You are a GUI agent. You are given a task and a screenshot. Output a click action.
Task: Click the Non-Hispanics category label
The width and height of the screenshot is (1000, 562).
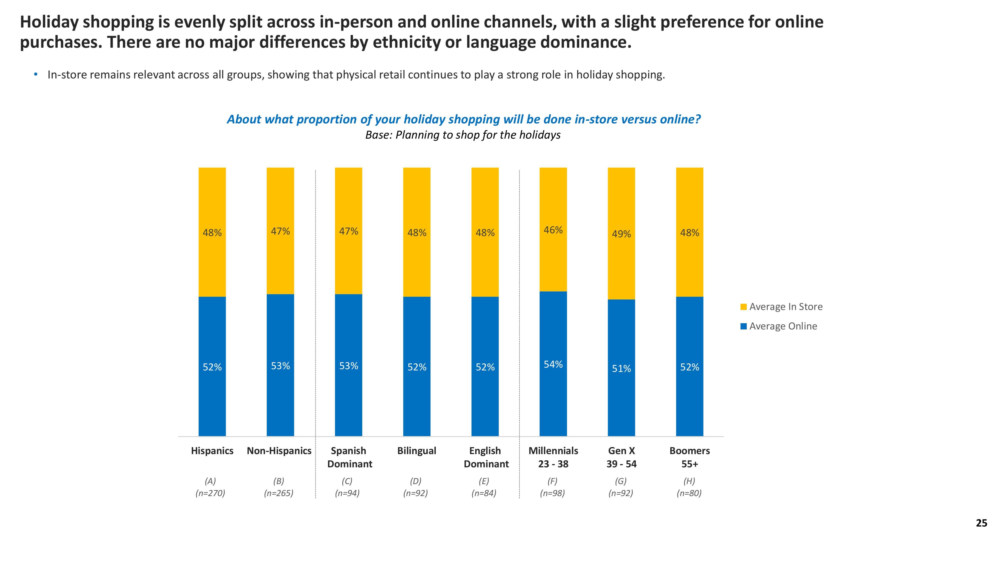[279, 451]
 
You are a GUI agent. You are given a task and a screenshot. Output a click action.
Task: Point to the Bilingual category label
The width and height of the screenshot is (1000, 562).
[416, 451]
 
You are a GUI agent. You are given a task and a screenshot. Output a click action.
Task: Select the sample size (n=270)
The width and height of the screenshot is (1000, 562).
[210, 493]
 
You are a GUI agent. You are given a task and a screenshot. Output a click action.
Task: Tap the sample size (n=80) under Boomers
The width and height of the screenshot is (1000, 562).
[689, 493]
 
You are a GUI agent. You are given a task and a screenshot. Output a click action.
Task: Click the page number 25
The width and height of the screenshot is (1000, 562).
[981, 523]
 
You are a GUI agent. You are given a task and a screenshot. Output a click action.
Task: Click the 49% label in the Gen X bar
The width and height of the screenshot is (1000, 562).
[621, 234]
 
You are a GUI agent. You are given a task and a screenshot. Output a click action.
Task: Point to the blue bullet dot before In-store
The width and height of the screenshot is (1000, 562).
[36, 74]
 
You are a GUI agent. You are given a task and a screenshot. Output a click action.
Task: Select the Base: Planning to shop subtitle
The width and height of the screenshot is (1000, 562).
[463, 135]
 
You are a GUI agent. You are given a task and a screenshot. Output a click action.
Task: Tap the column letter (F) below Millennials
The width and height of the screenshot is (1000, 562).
[552, 481]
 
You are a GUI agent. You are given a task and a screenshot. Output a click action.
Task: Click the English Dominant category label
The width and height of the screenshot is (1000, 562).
[486, 457]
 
